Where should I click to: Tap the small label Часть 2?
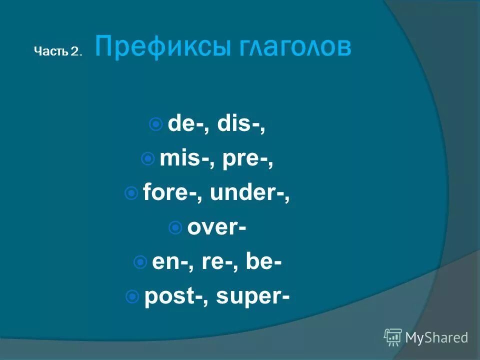[x=57, y=51]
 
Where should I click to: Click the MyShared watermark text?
[x=436, y=337]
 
